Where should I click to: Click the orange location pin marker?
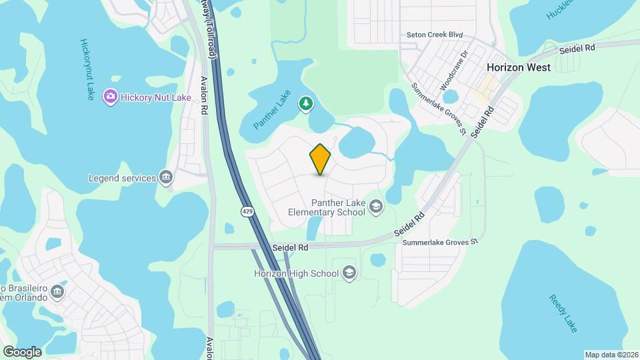coord(321,159)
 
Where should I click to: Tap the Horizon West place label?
coord(519,67)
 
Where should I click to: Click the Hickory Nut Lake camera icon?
coord(111,97)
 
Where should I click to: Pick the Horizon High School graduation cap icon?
coord(349,273)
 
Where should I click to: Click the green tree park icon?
coord(305,103)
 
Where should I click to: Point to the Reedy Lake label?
coord(563,313)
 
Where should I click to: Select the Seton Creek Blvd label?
coord(435,35)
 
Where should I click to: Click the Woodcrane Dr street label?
coord(455,69)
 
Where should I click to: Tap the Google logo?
coord(22,351)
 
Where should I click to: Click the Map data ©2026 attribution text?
coord(611,355)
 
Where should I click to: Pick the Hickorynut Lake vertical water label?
coord(87,69)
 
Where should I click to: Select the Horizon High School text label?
coord(296,273)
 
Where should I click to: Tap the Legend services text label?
coord(122,179)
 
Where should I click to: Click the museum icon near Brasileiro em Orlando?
coord(57,292)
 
